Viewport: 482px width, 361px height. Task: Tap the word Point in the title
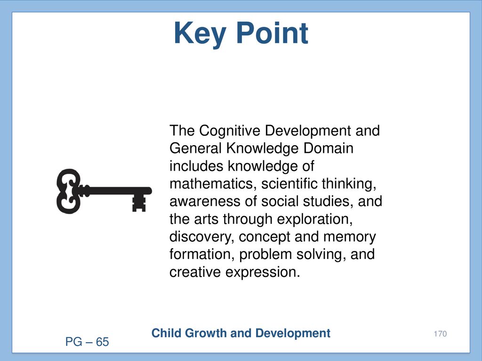[x=273, y=33]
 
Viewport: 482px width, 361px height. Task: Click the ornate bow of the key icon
[x=68, y=191]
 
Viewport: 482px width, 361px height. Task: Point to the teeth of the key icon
[x=139, y=203]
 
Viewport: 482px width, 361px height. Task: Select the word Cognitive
[x=229, y=131]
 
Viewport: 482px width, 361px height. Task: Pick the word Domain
[x=328, y=148]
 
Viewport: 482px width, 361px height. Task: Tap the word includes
[x=196, y=166]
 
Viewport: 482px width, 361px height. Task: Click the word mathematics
[x=213, y=184]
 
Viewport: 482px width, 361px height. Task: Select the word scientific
[x=289, y=184]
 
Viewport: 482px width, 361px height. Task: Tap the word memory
[x=350, y=237]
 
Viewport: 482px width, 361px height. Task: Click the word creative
[x=195, y=272]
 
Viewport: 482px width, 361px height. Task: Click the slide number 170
[x=440, y=334]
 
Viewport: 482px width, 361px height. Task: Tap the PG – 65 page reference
[x=87, y=342]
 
